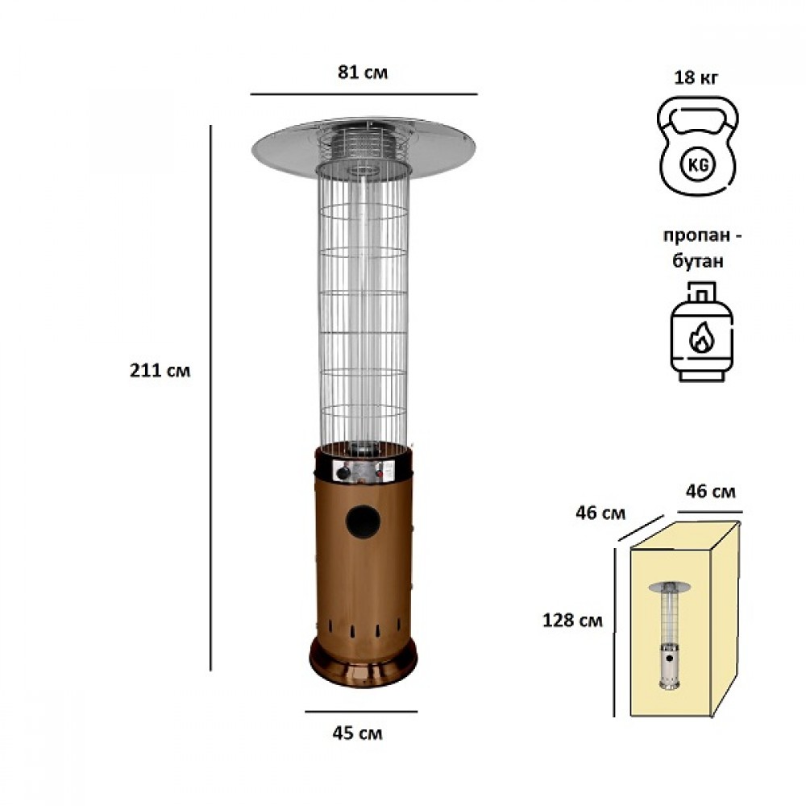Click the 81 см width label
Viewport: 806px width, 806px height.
(363, 73)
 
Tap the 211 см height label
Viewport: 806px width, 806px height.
(160, 370)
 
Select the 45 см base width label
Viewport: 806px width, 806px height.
(357, 733)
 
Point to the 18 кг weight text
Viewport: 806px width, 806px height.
(696, 77)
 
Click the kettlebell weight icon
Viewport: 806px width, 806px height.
(697, 147)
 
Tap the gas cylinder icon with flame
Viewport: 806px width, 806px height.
(702, 331)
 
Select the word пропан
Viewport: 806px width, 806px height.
(696, 236)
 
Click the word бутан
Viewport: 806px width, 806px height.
(697, 261)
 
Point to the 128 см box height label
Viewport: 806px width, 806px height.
(572, 621)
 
